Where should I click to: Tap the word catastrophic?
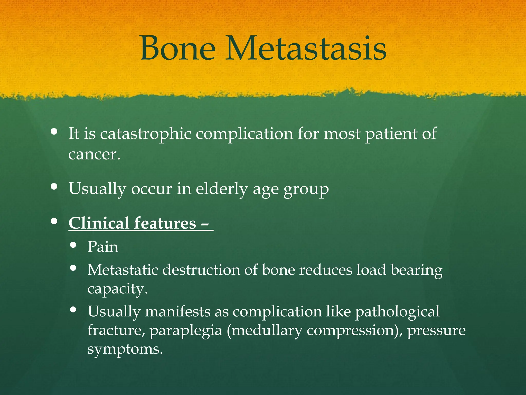(x=146, y=134)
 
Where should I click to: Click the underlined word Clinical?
(x=99, y=223)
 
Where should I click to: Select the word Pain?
(x=103, y=247)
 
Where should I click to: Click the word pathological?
(x=397, y=312)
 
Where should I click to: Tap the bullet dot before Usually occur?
(x=54, y=186)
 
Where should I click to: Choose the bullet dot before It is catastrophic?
(x=54, y=132)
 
